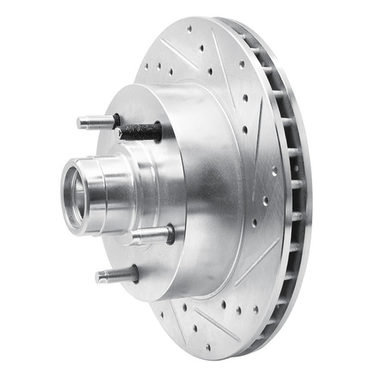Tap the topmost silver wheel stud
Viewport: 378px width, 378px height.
tap(97, 121)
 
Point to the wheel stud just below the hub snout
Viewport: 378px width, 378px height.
tap(150, 234)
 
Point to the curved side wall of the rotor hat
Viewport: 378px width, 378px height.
tap(208, 189)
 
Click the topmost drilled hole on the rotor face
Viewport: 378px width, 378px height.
tap(201, 47)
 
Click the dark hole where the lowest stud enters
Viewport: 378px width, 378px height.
tap(135, 271)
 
